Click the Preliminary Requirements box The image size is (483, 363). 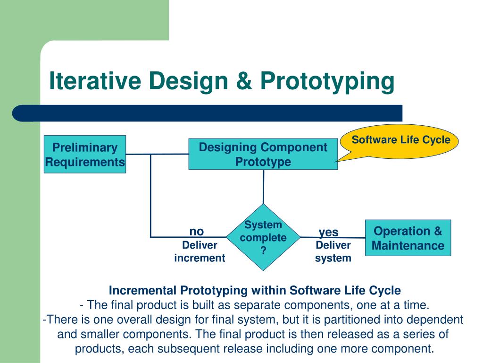85,155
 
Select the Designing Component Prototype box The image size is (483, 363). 263,154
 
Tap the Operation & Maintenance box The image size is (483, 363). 408,238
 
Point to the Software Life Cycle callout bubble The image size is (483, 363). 401,140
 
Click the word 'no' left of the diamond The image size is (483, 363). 197,231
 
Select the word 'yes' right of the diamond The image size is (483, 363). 329,232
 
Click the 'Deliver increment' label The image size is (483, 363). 200,251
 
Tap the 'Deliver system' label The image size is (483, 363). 333,251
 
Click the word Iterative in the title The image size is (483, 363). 95,81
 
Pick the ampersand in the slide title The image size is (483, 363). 244,81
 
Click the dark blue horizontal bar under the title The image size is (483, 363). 208,113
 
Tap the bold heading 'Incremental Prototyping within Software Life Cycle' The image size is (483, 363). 255,290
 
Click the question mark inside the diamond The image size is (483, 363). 263,251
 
